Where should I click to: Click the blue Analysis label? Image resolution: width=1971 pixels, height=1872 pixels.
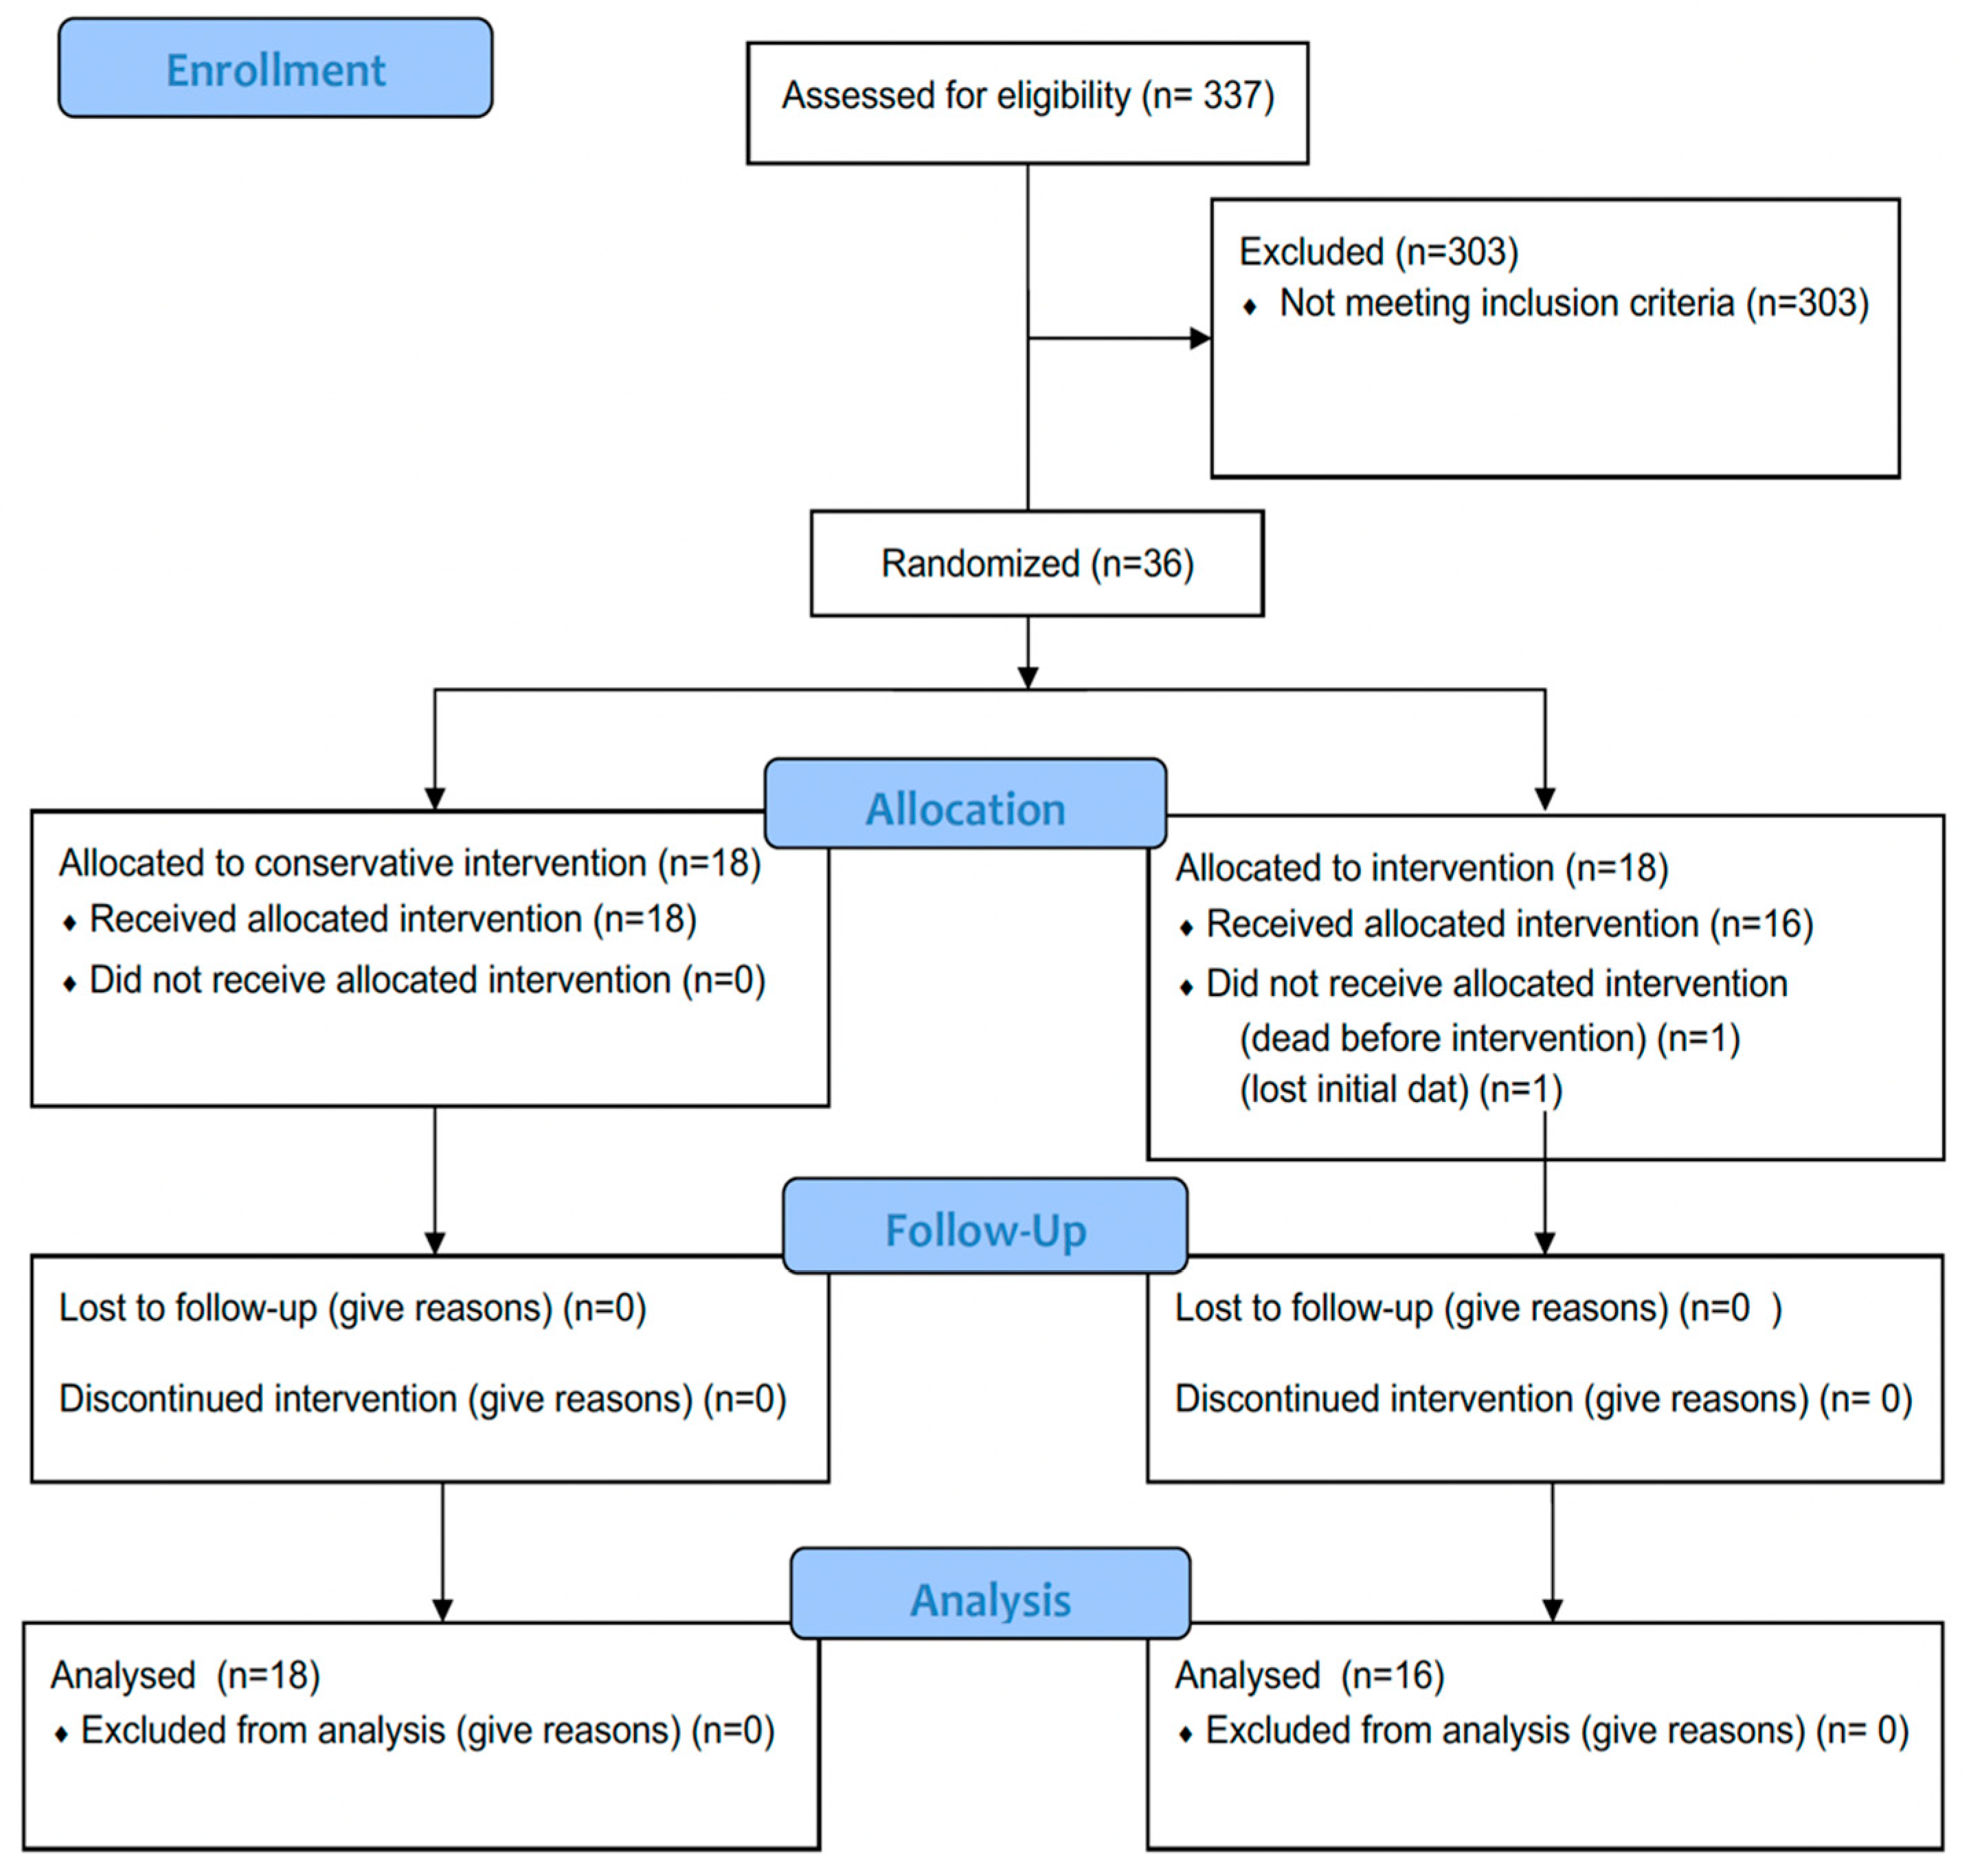pos(989,1599)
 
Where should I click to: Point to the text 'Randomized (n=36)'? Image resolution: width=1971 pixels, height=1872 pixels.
pos(1036,564)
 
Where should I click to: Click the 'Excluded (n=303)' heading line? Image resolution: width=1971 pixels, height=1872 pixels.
pos(1377,251)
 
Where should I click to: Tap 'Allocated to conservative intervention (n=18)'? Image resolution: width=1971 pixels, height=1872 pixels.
pos(409,863)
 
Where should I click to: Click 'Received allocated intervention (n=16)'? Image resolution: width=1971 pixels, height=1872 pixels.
pos(1508,924)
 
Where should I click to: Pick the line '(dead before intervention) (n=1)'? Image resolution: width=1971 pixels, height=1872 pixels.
pos(1488,1039)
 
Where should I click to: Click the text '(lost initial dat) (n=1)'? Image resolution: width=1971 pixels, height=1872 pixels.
pos(1399,1090)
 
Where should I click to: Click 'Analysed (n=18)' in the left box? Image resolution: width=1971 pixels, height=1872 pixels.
pos(185,1676)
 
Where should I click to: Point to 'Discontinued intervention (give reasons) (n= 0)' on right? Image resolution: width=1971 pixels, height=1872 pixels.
pos(1542,1399)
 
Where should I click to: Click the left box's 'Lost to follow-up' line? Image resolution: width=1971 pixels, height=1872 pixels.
pos(352,1308)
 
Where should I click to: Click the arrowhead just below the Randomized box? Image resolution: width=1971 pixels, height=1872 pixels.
pos(1027,677)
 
